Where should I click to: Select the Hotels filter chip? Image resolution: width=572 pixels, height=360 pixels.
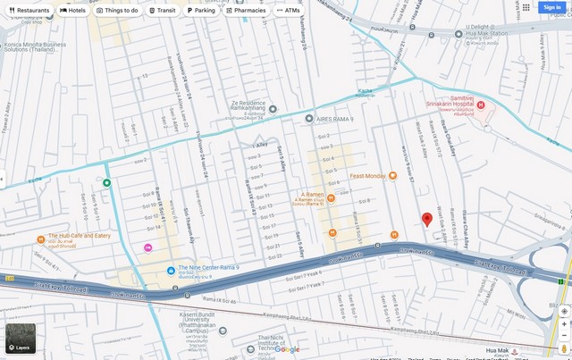point(73,11)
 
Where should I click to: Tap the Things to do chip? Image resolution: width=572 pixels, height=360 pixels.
point(117,11)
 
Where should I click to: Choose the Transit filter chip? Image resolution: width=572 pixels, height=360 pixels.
point(163,11)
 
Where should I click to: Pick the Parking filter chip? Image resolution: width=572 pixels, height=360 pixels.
point(201,11)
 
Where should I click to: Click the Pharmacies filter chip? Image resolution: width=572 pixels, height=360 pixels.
point(246,11)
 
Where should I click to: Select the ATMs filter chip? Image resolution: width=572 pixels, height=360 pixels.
point(289,11)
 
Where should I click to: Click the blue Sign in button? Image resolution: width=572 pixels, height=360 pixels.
point(551,7)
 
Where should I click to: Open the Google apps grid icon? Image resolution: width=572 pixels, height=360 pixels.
point(526,7)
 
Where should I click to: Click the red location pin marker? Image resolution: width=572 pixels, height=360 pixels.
point(427,220)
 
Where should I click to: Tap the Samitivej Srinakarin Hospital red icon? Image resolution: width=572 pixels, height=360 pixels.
point(480,106)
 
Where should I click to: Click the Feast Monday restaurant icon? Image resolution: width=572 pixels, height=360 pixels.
point(392,176)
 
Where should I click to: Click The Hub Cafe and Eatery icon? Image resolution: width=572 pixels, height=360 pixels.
point(41,239)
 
